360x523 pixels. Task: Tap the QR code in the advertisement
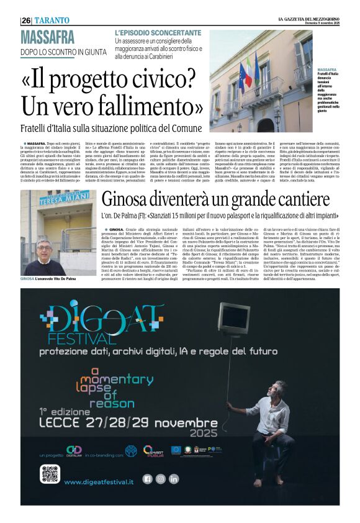click(50, 473)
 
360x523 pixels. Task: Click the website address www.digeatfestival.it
click(99, 481)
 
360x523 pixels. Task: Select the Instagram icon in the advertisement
click(160, 479)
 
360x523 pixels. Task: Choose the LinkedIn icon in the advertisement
click(174, 479)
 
